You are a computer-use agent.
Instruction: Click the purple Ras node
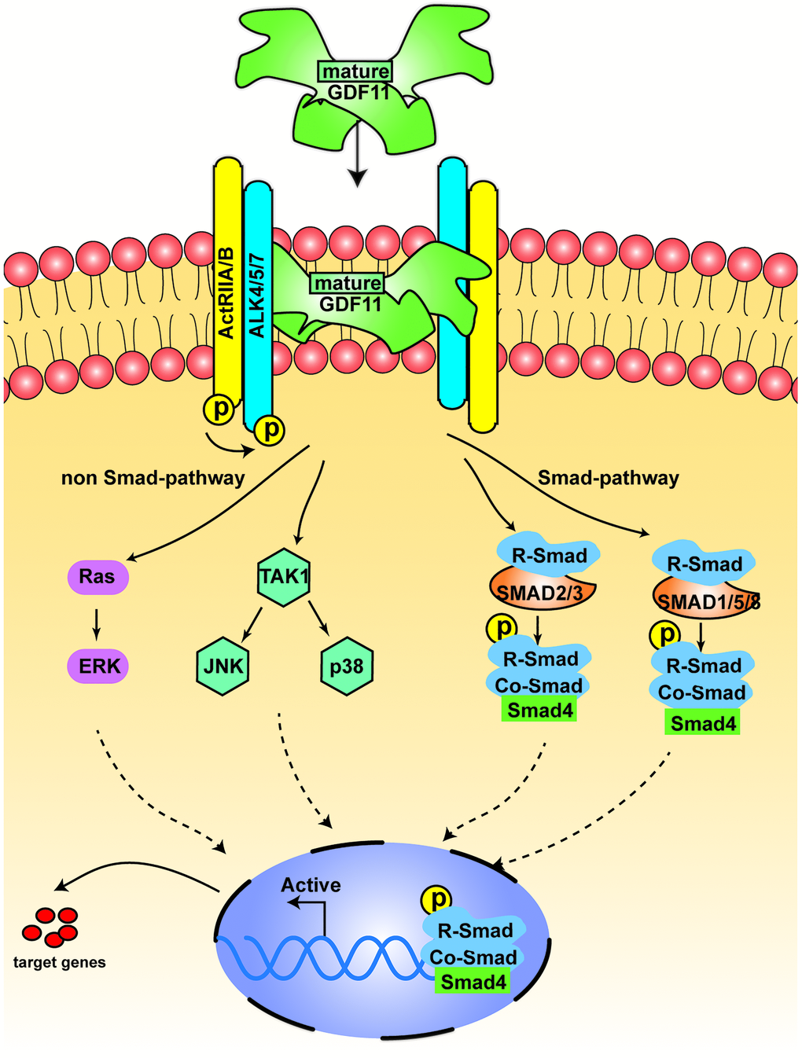coord(97,577)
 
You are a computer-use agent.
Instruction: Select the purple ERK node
coord(99,667)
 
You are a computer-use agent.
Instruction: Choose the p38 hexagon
coord(347,667)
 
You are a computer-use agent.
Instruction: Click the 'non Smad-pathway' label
coord(153,478)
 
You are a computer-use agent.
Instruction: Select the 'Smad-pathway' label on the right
coord(609,478)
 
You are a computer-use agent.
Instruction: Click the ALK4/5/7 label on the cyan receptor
coord(258,295)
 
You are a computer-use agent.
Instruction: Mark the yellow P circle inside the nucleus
coord(438,898)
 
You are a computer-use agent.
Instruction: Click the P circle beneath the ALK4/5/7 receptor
coord(270,430)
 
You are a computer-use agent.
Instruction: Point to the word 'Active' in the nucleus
coord(311,885)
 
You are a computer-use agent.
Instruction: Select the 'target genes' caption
coord(60,962)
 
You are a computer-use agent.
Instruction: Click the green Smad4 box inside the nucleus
coord(473,982)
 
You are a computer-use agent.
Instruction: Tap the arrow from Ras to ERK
coord(97,621)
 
